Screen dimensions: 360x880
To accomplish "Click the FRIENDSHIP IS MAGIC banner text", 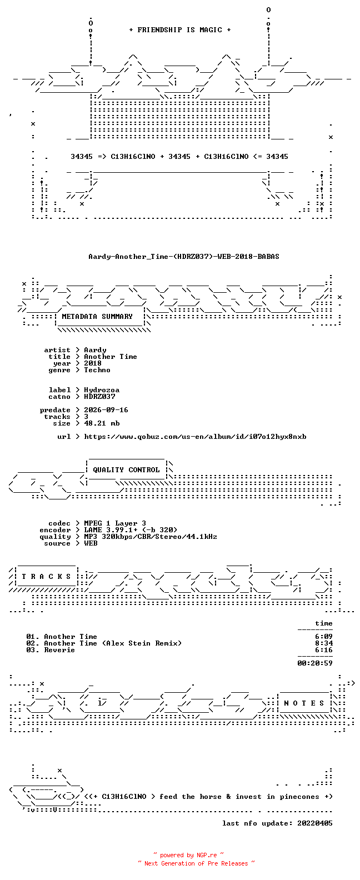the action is pos(180,30).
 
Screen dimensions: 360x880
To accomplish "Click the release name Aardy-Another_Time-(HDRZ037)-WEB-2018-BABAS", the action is pos(184,257).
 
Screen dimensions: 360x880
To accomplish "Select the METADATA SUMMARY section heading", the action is pos(97,317).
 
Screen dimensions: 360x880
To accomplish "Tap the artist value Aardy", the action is pos(95,350).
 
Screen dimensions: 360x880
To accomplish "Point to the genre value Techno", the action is pos(97,370).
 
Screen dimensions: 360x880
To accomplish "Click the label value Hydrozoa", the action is pos(102,390).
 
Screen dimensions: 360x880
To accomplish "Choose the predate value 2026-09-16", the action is pos(106,410).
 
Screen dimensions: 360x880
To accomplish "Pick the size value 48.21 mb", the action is pos(102,423).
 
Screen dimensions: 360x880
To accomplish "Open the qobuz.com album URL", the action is pos(196,437).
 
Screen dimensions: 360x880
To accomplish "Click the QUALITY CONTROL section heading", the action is pos(126,470).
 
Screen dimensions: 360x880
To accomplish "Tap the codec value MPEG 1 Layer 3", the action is pos(115,523).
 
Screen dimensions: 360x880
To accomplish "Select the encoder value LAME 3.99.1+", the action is pos(111,530).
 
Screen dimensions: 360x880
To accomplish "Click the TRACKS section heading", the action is pos(46,577).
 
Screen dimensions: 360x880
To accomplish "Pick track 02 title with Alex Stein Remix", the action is pos(113,643).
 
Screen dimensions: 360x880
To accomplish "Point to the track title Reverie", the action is pos(59,650).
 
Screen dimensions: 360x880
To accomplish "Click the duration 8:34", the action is pos(324,643).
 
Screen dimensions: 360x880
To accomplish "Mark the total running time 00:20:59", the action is pos(315,663).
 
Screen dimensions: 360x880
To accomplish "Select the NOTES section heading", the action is pos(304,703).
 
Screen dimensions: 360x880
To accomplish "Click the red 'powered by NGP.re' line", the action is pos(189,855).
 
